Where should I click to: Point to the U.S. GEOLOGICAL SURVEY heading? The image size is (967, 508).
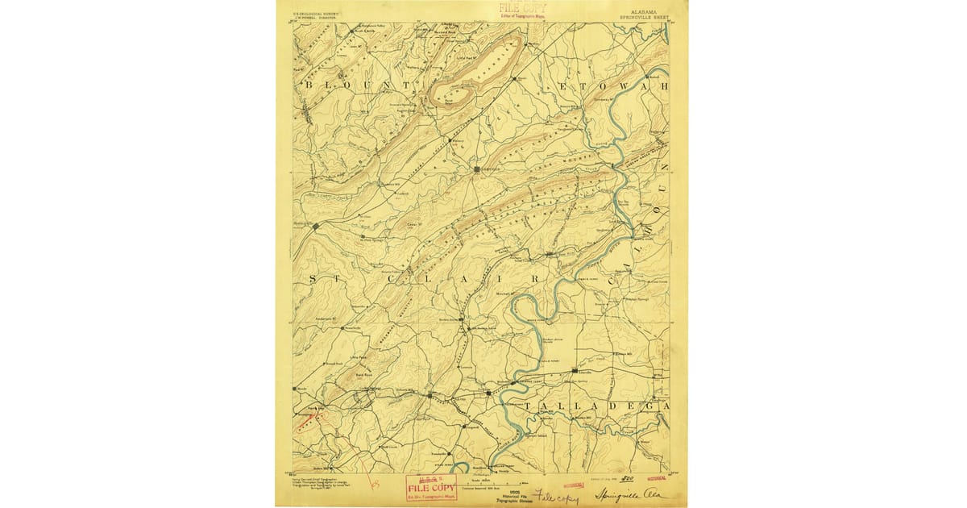click(316, 11)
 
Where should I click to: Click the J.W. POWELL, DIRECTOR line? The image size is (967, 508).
click(316, 17)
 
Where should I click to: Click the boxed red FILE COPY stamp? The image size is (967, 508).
click(430, 487)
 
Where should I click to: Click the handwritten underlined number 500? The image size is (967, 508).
click(629, 479)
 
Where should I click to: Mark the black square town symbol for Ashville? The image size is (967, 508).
click(476, 169)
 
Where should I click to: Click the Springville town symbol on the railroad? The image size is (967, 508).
click(315, 226)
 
